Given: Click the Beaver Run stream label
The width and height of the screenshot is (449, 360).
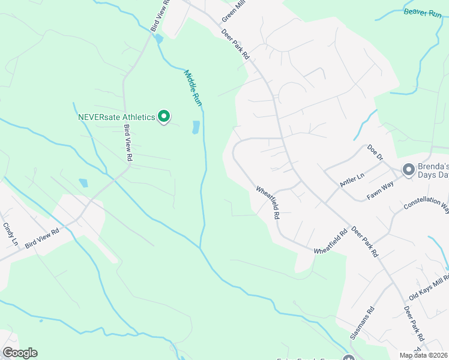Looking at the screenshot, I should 423,12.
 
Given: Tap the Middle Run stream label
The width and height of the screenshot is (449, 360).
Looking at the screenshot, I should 193,88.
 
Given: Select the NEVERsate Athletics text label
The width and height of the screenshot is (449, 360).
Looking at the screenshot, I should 116,117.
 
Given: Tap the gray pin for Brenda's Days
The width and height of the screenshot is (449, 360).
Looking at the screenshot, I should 409,170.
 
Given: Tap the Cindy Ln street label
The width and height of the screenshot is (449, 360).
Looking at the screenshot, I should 11,234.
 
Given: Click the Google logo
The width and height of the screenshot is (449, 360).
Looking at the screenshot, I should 20,353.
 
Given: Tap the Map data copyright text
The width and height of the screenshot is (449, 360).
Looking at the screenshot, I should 423,355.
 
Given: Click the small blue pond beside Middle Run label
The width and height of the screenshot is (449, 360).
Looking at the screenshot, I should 196,127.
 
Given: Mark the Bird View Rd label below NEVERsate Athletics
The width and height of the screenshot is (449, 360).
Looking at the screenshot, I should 128,142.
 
